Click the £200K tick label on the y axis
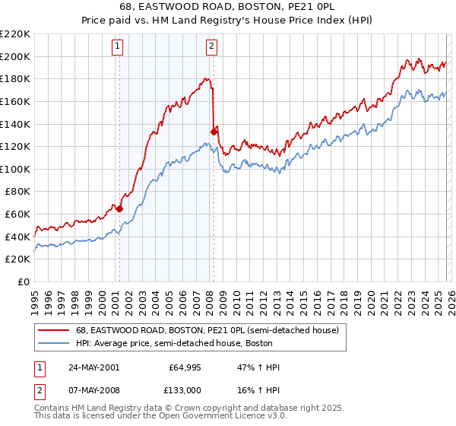click(x=15, y=56)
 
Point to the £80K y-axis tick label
click(x=17, y=192)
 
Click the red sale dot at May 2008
click(x=214, y=132)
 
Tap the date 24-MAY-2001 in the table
click(x=93, y=367)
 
